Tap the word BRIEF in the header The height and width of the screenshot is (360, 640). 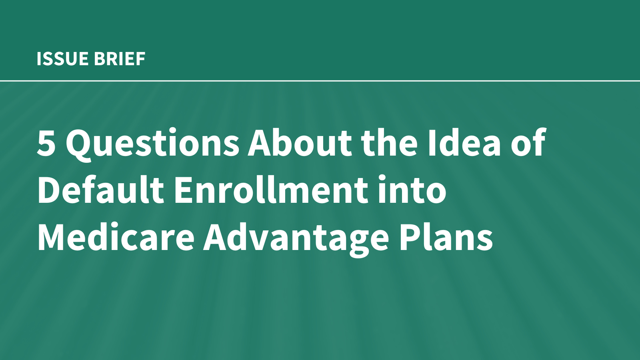pyautogui.click(x=120, y=59)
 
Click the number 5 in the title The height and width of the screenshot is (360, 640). pyautogui.click(x=46, y=142)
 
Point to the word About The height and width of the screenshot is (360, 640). pyautogui.click(x=300, y=142)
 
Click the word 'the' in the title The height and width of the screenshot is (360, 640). pyautogui.click(x=390, y=142)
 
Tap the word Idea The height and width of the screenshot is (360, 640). pyautogui.click(x=464, y=142)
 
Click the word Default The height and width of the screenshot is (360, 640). pyautogui.click(x=100, y=189)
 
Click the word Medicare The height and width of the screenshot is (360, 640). pyautogui.click(x=116, y=236)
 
